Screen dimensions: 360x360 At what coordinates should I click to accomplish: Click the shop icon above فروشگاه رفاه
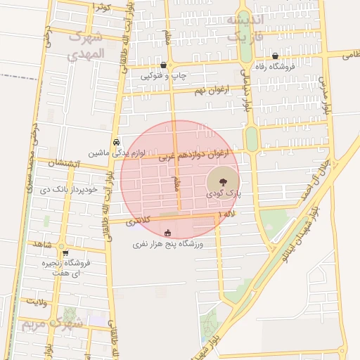tap(275, 56)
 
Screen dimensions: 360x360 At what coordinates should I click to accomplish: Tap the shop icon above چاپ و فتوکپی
tap(163, 64)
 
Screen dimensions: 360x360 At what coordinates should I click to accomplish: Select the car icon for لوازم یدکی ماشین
tap(115, 141)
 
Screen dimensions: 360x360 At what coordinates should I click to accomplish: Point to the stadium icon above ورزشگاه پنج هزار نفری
tap(167, 233)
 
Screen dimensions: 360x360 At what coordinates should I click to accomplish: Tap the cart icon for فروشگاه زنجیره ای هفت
tap(65, 254)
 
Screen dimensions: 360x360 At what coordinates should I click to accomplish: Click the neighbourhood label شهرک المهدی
tap(86, 45)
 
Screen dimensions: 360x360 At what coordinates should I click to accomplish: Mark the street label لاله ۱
tap(229, 213)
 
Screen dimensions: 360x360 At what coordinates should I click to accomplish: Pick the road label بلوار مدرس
tap(326, 95)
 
